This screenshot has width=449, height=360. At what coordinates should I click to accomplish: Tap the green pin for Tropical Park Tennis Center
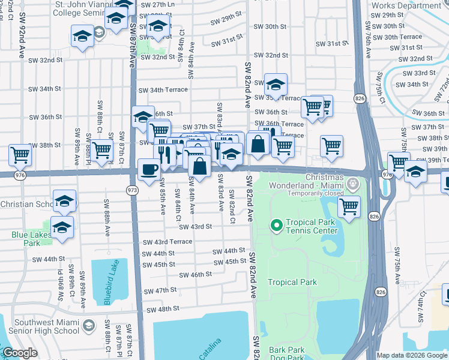point(277,226)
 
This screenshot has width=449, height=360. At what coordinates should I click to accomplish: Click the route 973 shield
point(132,190)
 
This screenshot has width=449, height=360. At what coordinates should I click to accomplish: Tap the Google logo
point(20,353)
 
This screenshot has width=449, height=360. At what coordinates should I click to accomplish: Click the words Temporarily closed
point(315,193)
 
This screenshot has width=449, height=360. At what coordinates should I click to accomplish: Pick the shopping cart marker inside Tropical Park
point(349,207)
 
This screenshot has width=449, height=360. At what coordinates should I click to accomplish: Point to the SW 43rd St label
point(195,226)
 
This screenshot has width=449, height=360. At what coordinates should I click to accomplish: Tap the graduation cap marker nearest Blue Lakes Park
point(62,227)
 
